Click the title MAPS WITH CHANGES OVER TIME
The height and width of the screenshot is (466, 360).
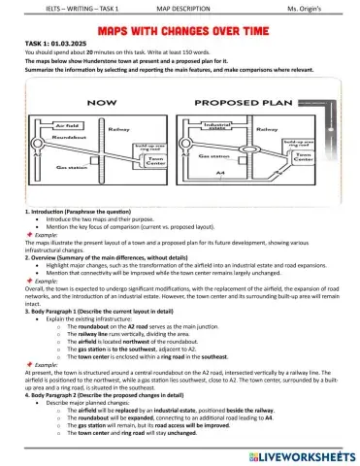point(180,30)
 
